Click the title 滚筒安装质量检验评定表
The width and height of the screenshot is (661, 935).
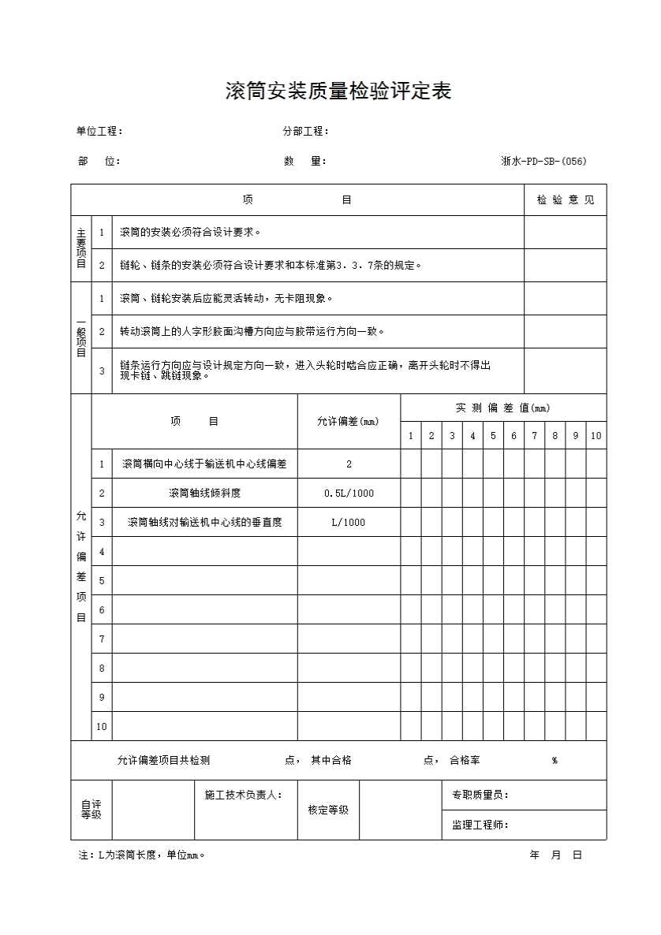point(338,92)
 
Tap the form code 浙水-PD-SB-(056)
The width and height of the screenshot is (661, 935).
point(543,162)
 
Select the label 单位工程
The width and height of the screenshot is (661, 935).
point(99,132)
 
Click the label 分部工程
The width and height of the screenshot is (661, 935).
point(305,132)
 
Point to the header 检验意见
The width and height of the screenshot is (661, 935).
point(566,200)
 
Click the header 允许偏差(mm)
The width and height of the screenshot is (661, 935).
point(348,422)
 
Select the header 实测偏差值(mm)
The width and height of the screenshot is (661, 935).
point(502,408)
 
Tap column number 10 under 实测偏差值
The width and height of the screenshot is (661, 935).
point(596,436)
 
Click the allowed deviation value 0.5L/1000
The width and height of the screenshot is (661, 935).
point(349,494)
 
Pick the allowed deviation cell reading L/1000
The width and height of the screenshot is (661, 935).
point(349,523)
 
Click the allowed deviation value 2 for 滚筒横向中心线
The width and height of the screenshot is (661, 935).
point(349,464)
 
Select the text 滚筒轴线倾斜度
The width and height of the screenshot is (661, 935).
point(204,494)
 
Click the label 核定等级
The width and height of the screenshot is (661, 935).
point(328,810)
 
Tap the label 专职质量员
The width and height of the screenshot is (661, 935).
point(480,795)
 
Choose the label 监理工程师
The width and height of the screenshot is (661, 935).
point(480,825)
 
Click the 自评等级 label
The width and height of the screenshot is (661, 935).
point(91,810)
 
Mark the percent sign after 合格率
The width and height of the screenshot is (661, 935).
point(555,761)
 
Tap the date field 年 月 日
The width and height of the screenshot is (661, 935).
point(556,855)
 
